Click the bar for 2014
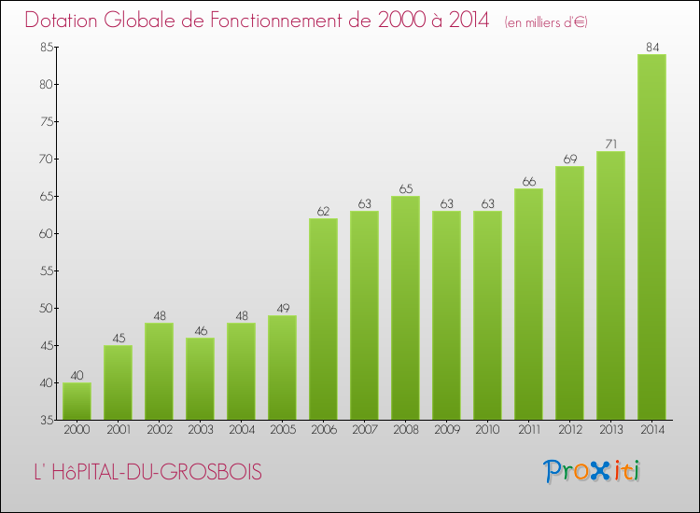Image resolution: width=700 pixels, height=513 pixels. [651, 237]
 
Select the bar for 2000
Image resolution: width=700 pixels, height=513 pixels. [77, 401]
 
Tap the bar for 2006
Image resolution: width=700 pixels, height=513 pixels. [323, 319]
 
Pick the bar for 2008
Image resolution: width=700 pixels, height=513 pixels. [405, 308]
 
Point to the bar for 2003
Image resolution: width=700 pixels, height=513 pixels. [200, 379]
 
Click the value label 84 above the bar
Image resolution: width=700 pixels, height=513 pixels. [651, 46]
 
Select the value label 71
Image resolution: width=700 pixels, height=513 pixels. [610, 143]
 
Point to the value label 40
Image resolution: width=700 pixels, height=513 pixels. [77, 374]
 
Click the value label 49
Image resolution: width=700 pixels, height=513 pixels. [282, 307]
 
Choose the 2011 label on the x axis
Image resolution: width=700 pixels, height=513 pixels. [528, 430]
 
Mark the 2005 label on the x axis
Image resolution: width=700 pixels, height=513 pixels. [282, 430]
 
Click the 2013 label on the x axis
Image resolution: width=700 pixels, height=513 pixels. [610, 430]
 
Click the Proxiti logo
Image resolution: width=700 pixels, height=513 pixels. [591, 471]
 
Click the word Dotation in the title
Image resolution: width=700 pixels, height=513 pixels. [67, 21]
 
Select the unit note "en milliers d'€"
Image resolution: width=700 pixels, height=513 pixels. [546, 22]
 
